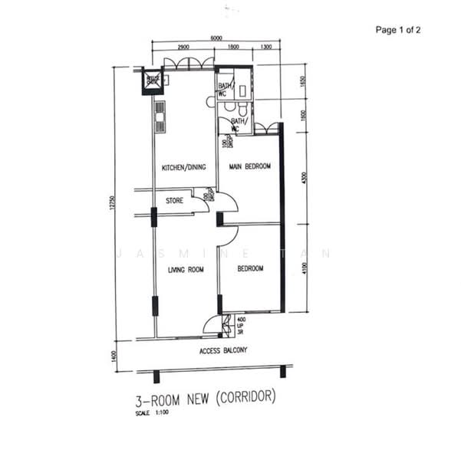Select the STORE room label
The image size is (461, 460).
[x=174, y=202]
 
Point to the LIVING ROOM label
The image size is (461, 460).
[x=185, y=269]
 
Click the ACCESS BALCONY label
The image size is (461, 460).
[x=223, y=350]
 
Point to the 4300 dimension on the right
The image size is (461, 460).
[x=305, y=178]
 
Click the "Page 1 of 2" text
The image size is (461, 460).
[x=398, y=30]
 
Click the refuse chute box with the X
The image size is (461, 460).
[x=151, y=80]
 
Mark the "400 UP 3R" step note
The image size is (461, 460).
[x=241, y=325]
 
